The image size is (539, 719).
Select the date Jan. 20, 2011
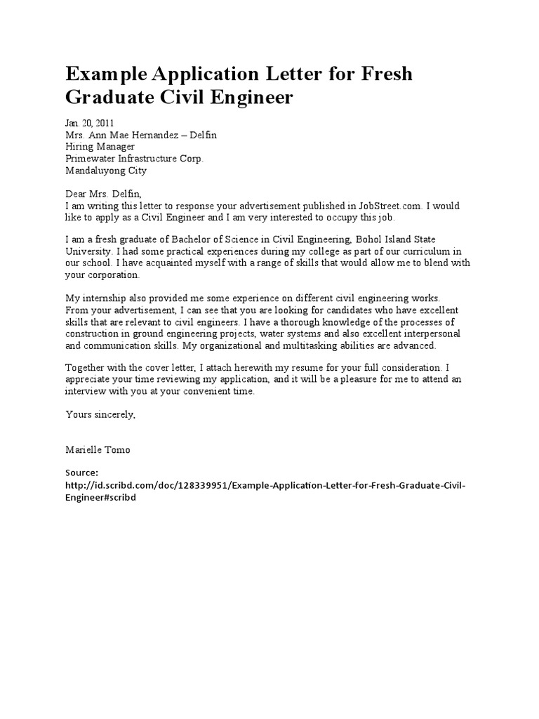coord(90,123)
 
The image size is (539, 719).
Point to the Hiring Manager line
coord(105,147)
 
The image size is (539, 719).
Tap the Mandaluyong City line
coord(106,171)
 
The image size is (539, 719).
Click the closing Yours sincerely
coord(100,414)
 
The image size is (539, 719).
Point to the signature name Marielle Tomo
coord(98,449)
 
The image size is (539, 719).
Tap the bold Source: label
coord(82,473)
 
